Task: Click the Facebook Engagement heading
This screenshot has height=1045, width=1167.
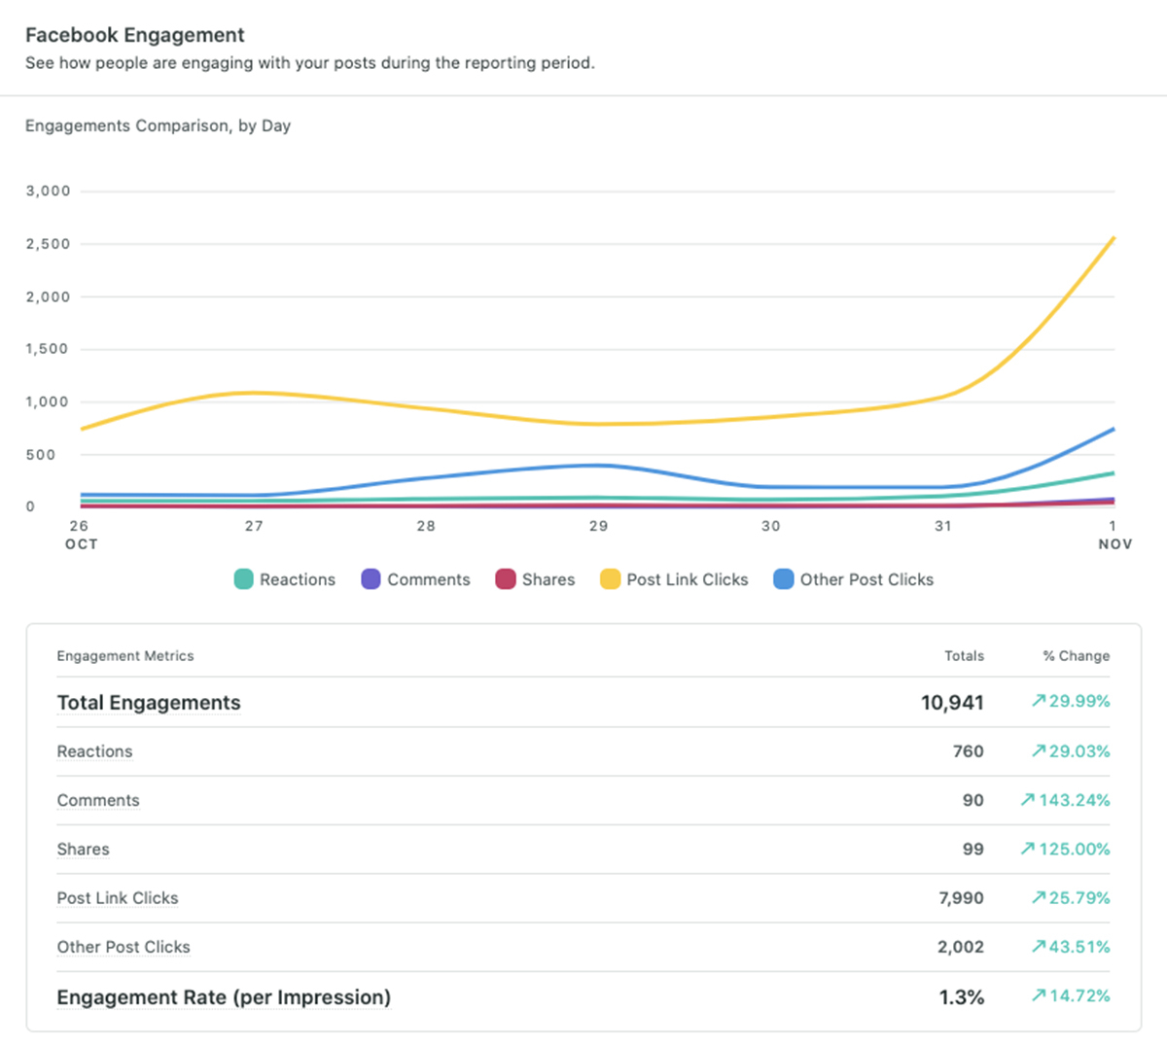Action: point(134,35)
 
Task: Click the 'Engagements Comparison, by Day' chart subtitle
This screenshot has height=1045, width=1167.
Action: point(158,125)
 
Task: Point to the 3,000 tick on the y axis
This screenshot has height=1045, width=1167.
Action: point(48,191)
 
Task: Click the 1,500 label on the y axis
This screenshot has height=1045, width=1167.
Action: point(48,349)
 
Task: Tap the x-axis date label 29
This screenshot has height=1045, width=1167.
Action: point(598,526)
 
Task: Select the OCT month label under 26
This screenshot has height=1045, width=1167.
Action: point(81,544)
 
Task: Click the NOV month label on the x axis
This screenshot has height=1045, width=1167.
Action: point(1114,544)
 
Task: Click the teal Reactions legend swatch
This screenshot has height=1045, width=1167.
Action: point(243,579)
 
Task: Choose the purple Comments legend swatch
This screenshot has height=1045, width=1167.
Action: point(371,579)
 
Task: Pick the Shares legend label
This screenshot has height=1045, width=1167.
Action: point(548,579)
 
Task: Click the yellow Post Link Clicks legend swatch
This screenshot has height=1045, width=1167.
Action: point(610,579)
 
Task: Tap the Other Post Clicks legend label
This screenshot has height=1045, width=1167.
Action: point(866,579)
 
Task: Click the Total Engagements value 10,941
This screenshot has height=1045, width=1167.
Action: point(952,703)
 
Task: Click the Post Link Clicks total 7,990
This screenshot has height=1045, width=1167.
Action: point(960,898)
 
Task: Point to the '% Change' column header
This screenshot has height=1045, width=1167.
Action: point(1076,656)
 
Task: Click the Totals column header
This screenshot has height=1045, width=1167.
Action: point(964,656)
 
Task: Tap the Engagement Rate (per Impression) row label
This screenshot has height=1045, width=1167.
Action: point(224,997)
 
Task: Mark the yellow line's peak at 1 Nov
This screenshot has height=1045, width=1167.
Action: point(1113,238)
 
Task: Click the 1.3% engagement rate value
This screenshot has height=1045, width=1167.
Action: point(961,997)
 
